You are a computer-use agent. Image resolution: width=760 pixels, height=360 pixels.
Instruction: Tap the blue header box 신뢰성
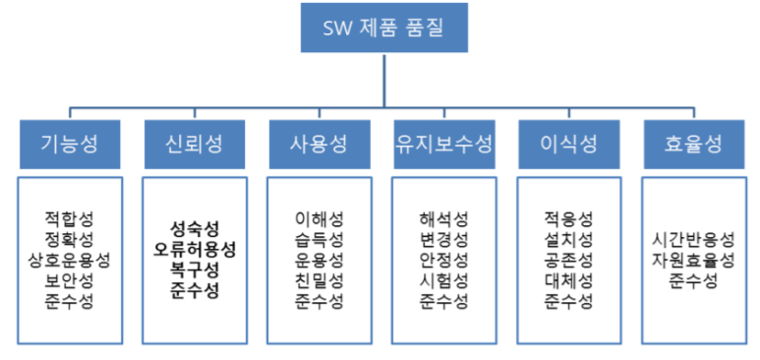pos(194,144)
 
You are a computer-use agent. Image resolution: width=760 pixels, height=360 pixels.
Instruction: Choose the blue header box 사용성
pos(319,144)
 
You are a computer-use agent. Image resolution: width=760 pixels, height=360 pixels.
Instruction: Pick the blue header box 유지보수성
pos(442,144)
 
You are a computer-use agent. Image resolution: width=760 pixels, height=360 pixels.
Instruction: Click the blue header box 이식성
pos(567,144)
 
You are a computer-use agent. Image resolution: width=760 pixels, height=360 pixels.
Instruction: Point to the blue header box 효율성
pos(693,144)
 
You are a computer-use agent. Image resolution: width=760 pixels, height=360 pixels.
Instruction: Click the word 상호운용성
pos(70,260)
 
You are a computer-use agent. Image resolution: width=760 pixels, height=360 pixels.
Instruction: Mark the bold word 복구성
pos(194,269)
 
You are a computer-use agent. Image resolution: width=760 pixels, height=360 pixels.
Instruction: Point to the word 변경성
pos(442,239)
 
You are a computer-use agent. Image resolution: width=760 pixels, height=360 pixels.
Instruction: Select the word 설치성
pos(567,239)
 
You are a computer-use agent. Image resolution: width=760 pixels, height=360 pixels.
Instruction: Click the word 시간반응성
pos(693,239)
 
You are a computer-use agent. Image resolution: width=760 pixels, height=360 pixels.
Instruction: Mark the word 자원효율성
pos(693,260)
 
